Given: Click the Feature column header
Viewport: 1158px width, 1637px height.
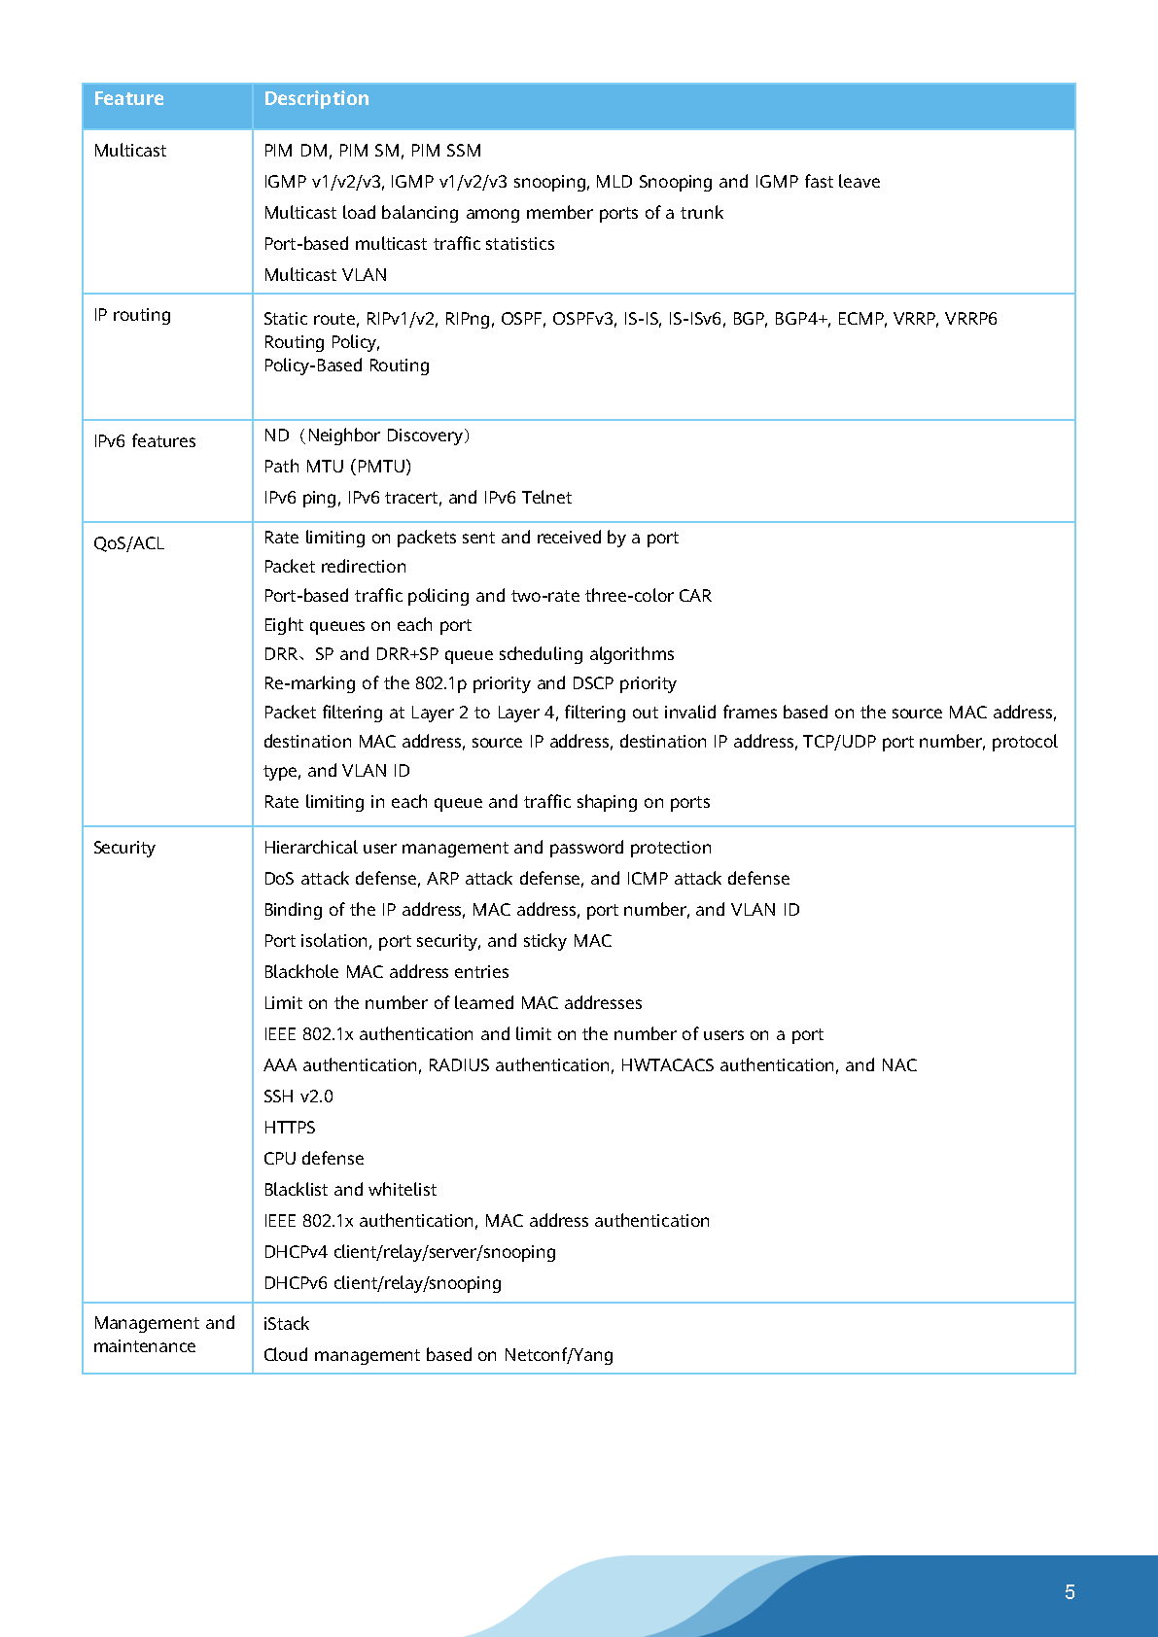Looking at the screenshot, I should pyautogui.click(x=128, y=98).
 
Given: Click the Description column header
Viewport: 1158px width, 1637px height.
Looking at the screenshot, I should pyautogui.click(x=316, y=98).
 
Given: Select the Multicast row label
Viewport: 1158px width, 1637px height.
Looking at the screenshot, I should pyautogui.click(x=129, y=151).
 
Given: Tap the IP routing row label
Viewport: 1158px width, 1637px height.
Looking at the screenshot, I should pyautogui.click(x=132, y=315).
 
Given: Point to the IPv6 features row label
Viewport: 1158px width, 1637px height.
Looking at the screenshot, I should pyautogui.click(x=144, y=441).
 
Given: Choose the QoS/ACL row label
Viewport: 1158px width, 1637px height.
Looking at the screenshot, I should pyautogui.click(x=128, y=543).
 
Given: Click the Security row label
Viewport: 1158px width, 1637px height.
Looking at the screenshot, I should pyautogui.click(x=123, y=848).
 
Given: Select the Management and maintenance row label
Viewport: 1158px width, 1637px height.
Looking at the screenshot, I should pyautogui.click(x=163, y=1335).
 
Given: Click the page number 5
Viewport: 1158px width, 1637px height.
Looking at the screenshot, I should pyautogui.click(x=1070, y=1592).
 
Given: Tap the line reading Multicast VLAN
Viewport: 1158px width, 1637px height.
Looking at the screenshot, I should pyautogui.click(x=325, y=275).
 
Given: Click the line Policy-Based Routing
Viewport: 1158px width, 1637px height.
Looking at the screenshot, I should pyautogui.click(x=346, y=366).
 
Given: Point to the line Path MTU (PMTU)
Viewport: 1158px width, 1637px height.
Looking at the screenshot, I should pyautogui.click(x=337, y=467).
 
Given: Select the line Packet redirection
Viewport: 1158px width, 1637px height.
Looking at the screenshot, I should pyautogui.click(x=334, y=567).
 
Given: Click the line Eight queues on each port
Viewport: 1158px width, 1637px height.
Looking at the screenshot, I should pyautogui.click(x=368, y=625).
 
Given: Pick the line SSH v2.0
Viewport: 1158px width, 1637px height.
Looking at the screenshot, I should pyautogui.click(x=298, y=1097).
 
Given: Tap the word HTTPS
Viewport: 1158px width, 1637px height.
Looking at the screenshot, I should pyautogui.click(x=289, y=1128).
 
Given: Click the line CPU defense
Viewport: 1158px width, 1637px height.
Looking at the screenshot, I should pyautogui.click(x=313, y=1159).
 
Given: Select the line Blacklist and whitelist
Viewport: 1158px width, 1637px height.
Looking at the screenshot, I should pyautogui.click(x=350, y=1190).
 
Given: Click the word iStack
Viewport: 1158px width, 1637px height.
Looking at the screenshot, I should pyautogui.click(x=286, y=1324).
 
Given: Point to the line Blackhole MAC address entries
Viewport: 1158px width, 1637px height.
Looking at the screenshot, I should pyautogui.click(x=386, y=972).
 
